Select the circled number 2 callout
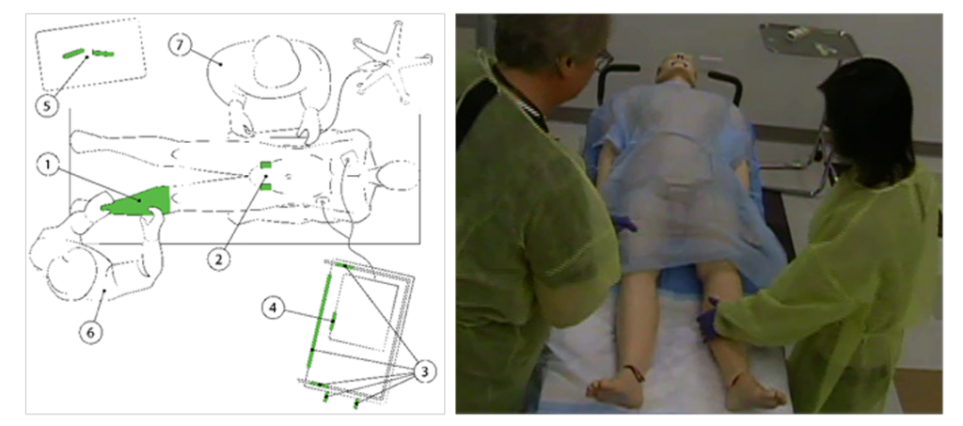219,259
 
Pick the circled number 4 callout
273,308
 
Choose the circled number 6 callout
91,332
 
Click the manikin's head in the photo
675,69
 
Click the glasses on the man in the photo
603,59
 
